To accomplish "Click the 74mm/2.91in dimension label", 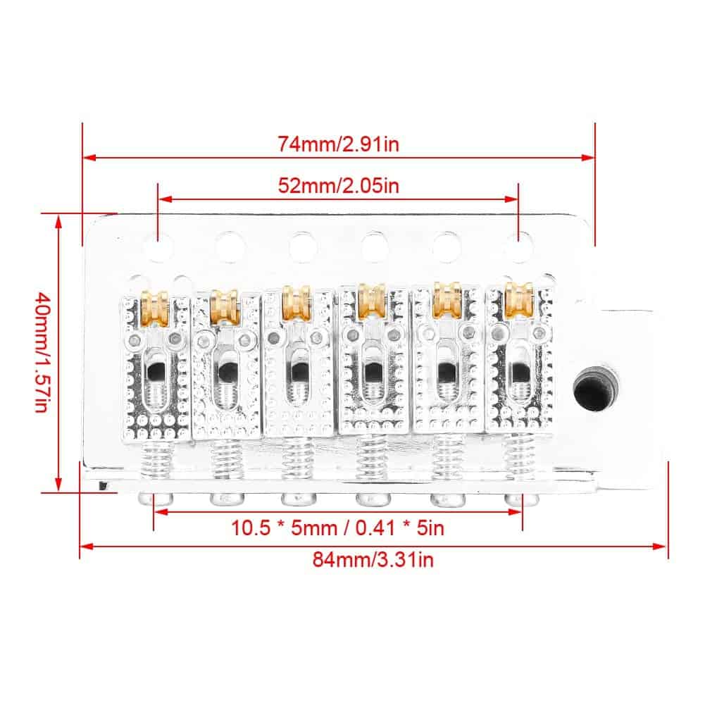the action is coord(338,144).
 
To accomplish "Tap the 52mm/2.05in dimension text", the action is coord(338,185).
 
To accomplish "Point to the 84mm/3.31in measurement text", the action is coord(373,560).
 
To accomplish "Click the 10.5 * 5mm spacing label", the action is coord(337,528).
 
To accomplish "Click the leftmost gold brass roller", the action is coord(155,308).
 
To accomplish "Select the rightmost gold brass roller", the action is coord(519,299).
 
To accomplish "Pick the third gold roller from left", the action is coord(297,302).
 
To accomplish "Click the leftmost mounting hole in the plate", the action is coord(158,247).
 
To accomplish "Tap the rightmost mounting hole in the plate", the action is coord(518,247).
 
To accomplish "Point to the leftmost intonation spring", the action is coord(156,458).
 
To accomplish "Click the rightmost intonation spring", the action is coord(519,455).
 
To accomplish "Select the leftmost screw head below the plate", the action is coord(156,499).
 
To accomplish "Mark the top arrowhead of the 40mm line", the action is coord(58,222).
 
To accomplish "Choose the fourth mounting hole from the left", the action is coord(375,247).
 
